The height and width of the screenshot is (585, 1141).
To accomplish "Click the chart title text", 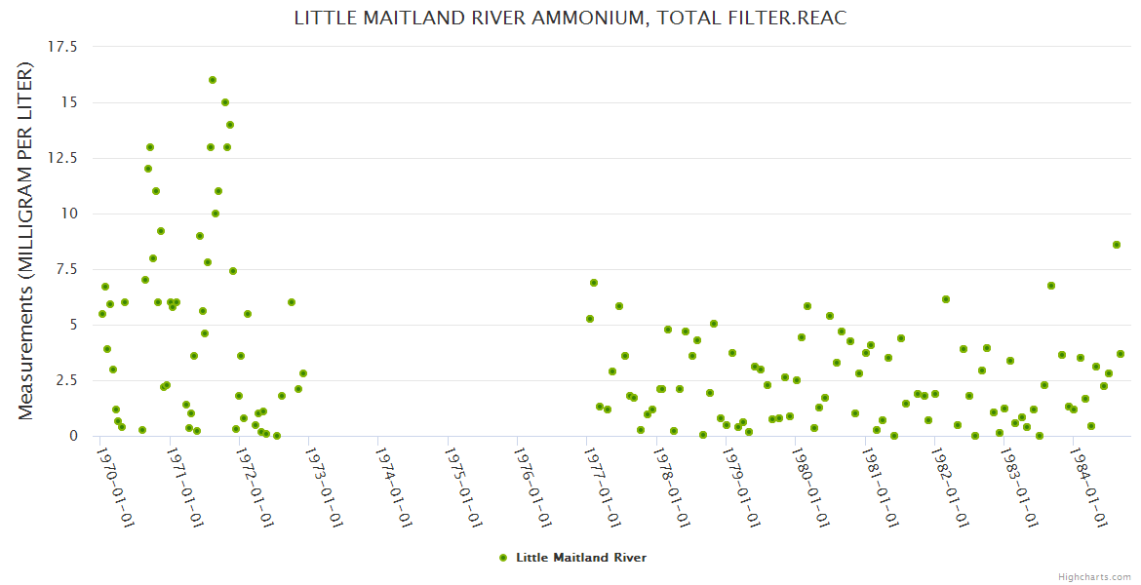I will tap(570, 19).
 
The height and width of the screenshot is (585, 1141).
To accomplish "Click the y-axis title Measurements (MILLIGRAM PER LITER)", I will tap(26, 241).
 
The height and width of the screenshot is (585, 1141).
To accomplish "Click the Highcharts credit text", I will tap(1094, 577).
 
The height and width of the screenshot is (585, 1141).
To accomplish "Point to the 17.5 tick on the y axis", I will tap(62, 47).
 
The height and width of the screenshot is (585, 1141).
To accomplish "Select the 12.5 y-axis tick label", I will tap(62, 158).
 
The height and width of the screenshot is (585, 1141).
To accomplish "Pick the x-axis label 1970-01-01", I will tap(115, 487).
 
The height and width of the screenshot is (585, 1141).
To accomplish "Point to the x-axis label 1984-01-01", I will tap(1089, 487).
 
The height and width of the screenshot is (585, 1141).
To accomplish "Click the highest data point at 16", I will tap(213, 80).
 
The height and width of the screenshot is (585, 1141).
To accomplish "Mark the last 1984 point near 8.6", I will tap(1117, 245).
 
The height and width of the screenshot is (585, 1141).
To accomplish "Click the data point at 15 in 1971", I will tap(225, 102).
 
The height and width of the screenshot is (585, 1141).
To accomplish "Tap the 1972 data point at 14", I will tap(230, 125).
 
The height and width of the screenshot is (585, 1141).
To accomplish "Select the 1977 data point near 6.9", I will tap(594, 283).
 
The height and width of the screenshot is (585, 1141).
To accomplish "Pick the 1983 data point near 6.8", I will tap(1051, 286).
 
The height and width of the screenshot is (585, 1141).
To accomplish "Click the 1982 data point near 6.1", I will tap(946, 299).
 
